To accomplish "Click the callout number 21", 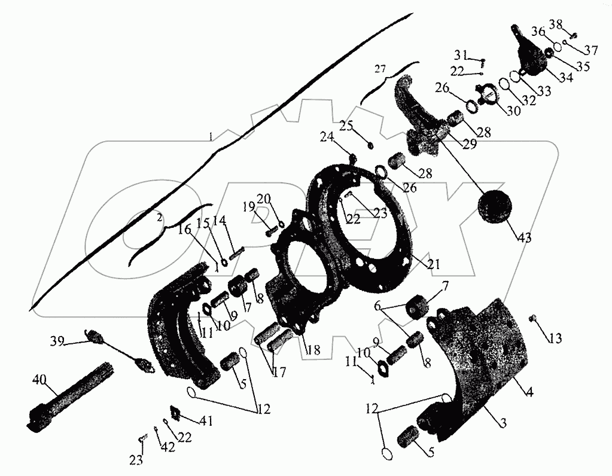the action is pos(433,263).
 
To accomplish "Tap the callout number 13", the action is pos(555,339).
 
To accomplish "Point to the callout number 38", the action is pos(556,25).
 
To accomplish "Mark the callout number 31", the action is pos(460,56).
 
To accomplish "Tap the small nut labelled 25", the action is pos(371,144).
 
